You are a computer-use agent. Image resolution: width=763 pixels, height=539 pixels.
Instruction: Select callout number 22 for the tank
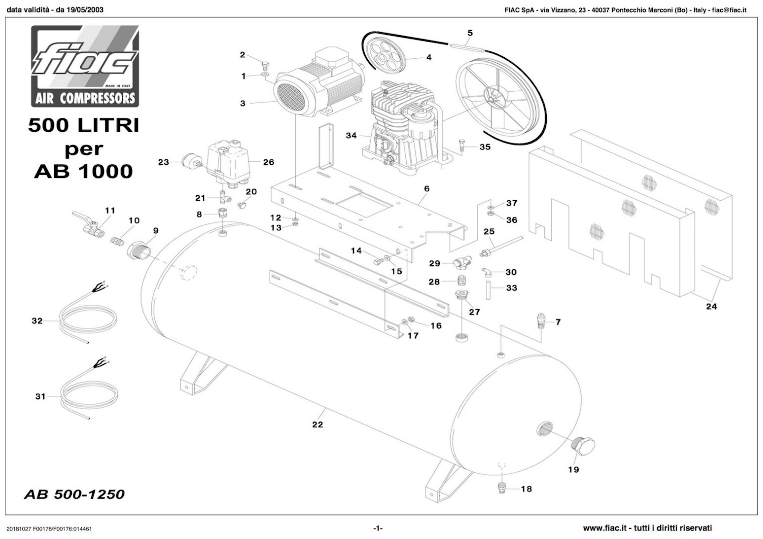point(317,424)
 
